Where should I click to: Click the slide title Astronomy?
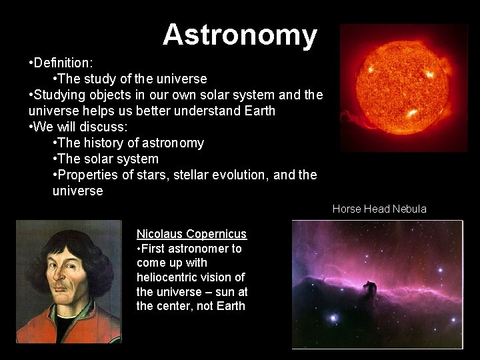240,35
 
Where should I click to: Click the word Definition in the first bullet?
63,63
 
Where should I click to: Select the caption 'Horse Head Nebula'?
379,209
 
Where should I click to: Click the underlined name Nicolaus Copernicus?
191,234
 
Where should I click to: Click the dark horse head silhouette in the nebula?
369,289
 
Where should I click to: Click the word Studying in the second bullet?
59,95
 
